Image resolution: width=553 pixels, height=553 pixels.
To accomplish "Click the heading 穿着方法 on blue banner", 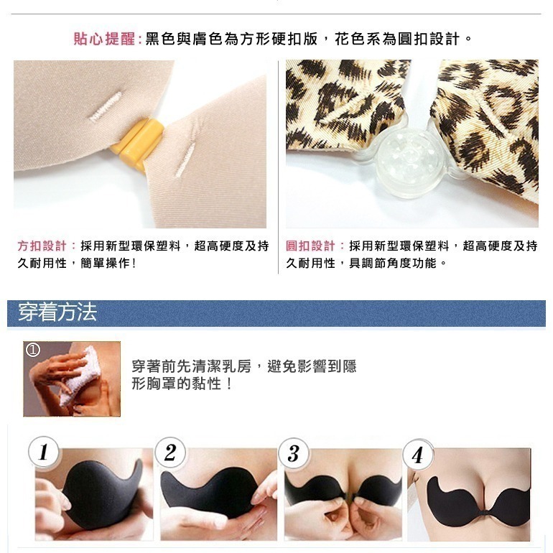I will (57, 312).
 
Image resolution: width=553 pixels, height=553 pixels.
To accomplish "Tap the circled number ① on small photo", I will (32, 350).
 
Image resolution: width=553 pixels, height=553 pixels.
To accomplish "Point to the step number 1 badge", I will (43, 452).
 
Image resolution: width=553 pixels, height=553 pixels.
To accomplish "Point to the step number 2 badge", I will (169, 452).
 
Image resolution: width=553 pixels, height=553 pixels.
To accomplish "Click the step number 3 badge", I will (293, 452).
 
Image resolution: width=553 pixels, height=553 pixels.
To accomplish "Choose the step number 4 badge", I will (417, 455).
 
